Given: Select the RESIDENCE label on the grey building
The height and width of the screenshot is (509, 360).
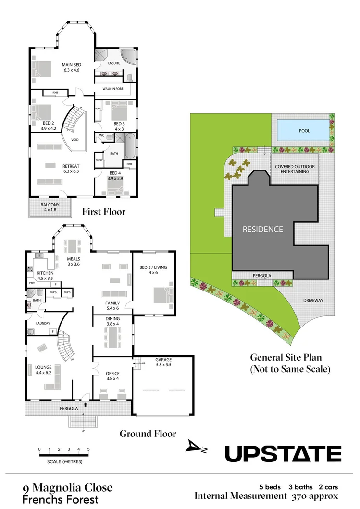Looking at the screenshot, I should click(262, 229).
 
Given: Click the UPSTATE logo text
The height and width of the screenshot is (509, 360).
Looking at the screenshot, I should click(283, 453).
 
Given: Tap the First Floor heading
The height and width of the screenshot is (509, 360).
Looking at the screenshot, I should click(103, 212).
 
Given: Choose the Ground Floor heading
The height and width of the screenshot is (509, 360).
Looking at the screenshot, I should click(148, 434).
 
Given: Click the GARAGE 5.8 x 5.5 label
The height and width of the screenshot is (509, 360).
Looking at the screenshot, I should click(163, 363).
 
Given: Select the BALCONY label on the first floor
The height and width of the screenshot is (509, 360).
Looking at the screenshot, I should click(50, 206).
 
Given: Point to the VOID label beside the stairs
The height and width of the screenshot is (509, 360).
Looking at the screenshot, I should click(74, 140).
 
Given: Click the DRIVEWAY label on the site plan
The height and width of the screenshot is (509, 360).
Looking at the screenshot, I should click(313, 301).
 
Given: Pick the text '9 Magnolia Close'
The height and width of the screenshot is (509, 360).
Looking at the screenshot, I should click(67, 488).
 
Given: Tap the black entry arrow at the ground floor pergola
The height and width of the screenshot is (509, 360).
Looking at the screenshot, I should click(86, 405).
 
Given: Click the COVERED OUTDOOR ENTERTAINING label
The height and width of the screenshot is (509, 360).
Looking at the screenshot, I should click(295, 169).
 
